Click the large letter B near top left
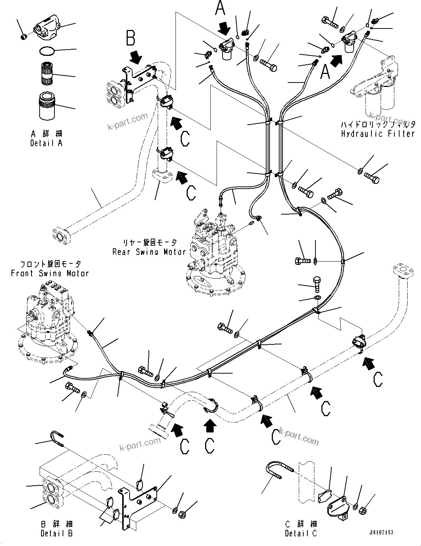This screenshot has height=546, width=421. (x=130, y=38)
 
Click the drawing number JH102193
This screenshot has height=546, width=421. (x=381, y=533)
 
